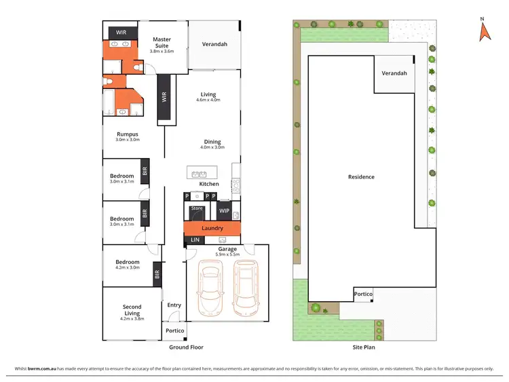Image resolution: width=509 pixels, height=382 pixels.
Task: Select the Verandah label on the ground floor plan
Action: (x=214, y=45)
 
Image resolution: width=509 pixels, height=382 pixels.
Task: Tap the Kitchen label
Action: (x=209, y=184)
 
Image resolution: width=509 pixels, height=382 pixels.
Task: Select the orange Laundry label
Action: (x=212, y=228)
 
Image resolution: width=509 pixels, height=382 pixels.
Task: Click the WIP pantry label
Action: (x=224, y=211)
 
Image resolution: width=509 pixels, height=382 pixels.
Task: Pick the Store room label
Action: (x=197, y=208)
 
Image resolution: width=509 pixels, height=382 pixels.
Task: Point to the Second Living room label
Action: (x=132, y=310)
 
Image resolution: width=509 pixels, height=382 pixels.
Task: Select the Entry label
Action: (x=174, y=305)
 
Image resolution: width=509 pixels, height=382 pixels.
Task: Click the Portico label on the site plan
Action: (x=363, y=294)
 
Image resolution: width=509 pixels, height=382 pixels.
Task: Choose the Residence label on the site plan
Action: (x=361, y=177)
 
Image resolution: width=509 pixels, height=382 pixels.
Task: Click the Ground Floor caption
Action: (x=186, y=347)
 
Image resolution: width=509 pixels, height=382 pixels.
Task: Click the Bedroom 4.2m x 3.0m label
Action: (x=127, y=265)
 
